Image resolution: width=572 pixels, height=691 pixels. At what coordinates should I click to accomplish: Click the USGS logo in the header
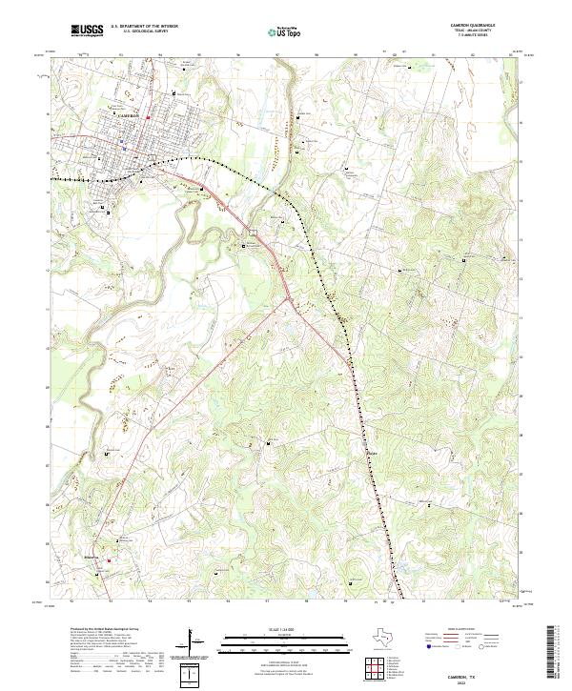(x=88, y=31)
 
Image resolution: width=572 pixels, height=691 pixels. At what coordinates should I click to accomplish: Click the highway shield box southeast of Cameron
(x=254, y=234)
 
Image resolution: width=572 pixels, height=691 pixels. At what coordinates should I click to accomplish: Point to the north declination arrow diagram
(x=198, y=643)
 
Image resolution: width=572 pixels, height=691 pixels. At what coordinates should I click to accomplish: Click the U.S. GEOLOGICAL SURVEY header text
(x=138, y=32)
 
